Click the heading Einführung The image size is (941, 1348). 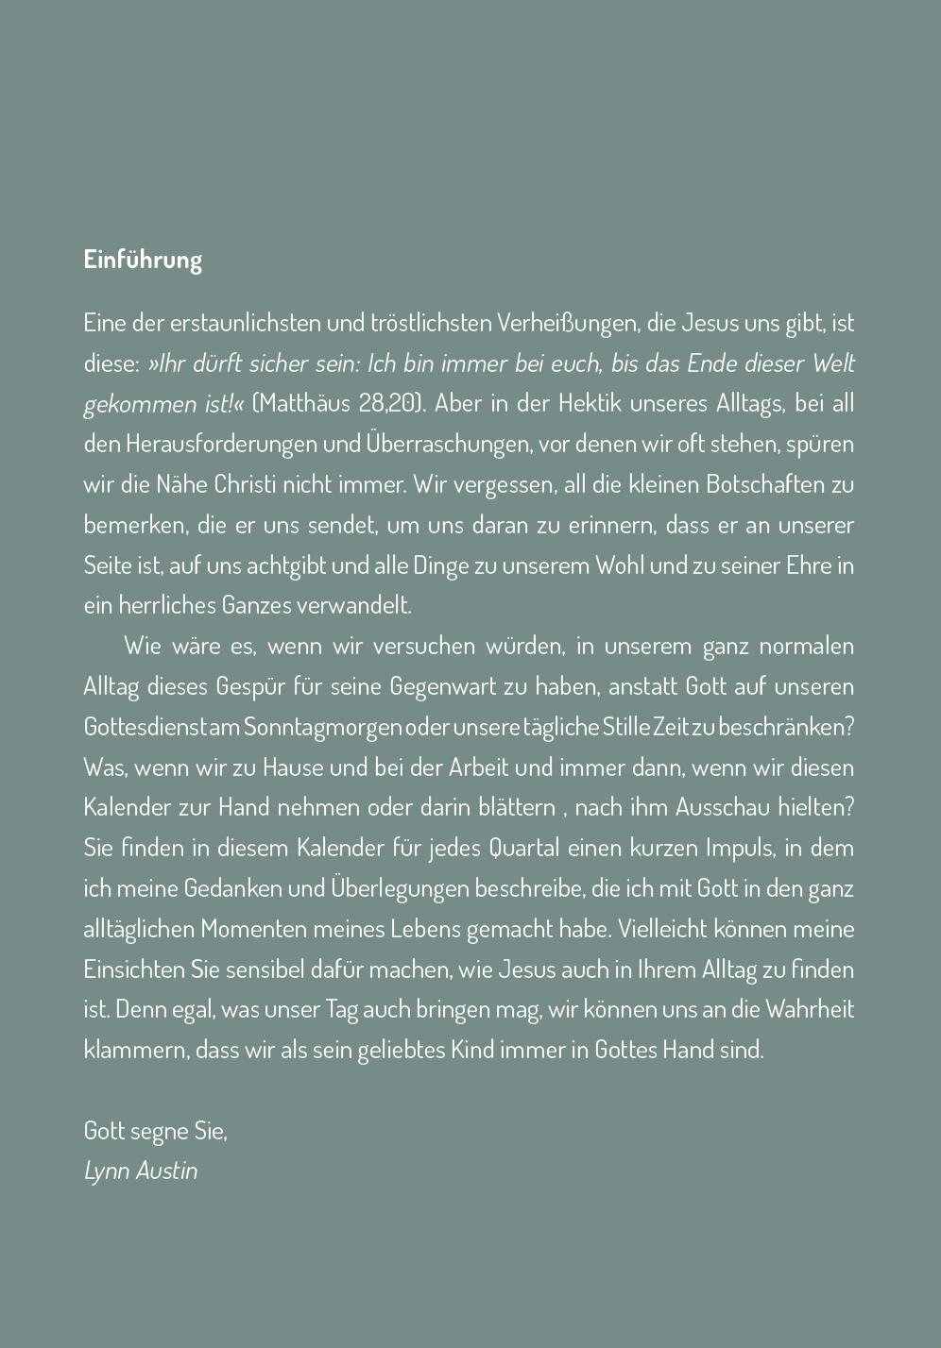[x=143, y=260]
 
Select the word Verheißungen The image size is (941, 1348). [x=564, y=323]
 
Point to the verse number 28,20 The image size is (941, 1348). [x=388, y=403]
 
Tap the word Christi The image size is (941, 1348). [x=245, y=484]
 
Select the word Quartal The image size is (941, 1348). [x=524, y=848]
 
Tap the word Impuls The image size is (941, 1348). [x=740, y=848]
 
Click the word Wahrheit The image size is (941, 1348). [x=810, y=1009]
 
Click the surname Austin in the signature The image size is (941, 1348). [x=167, y=1171]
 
